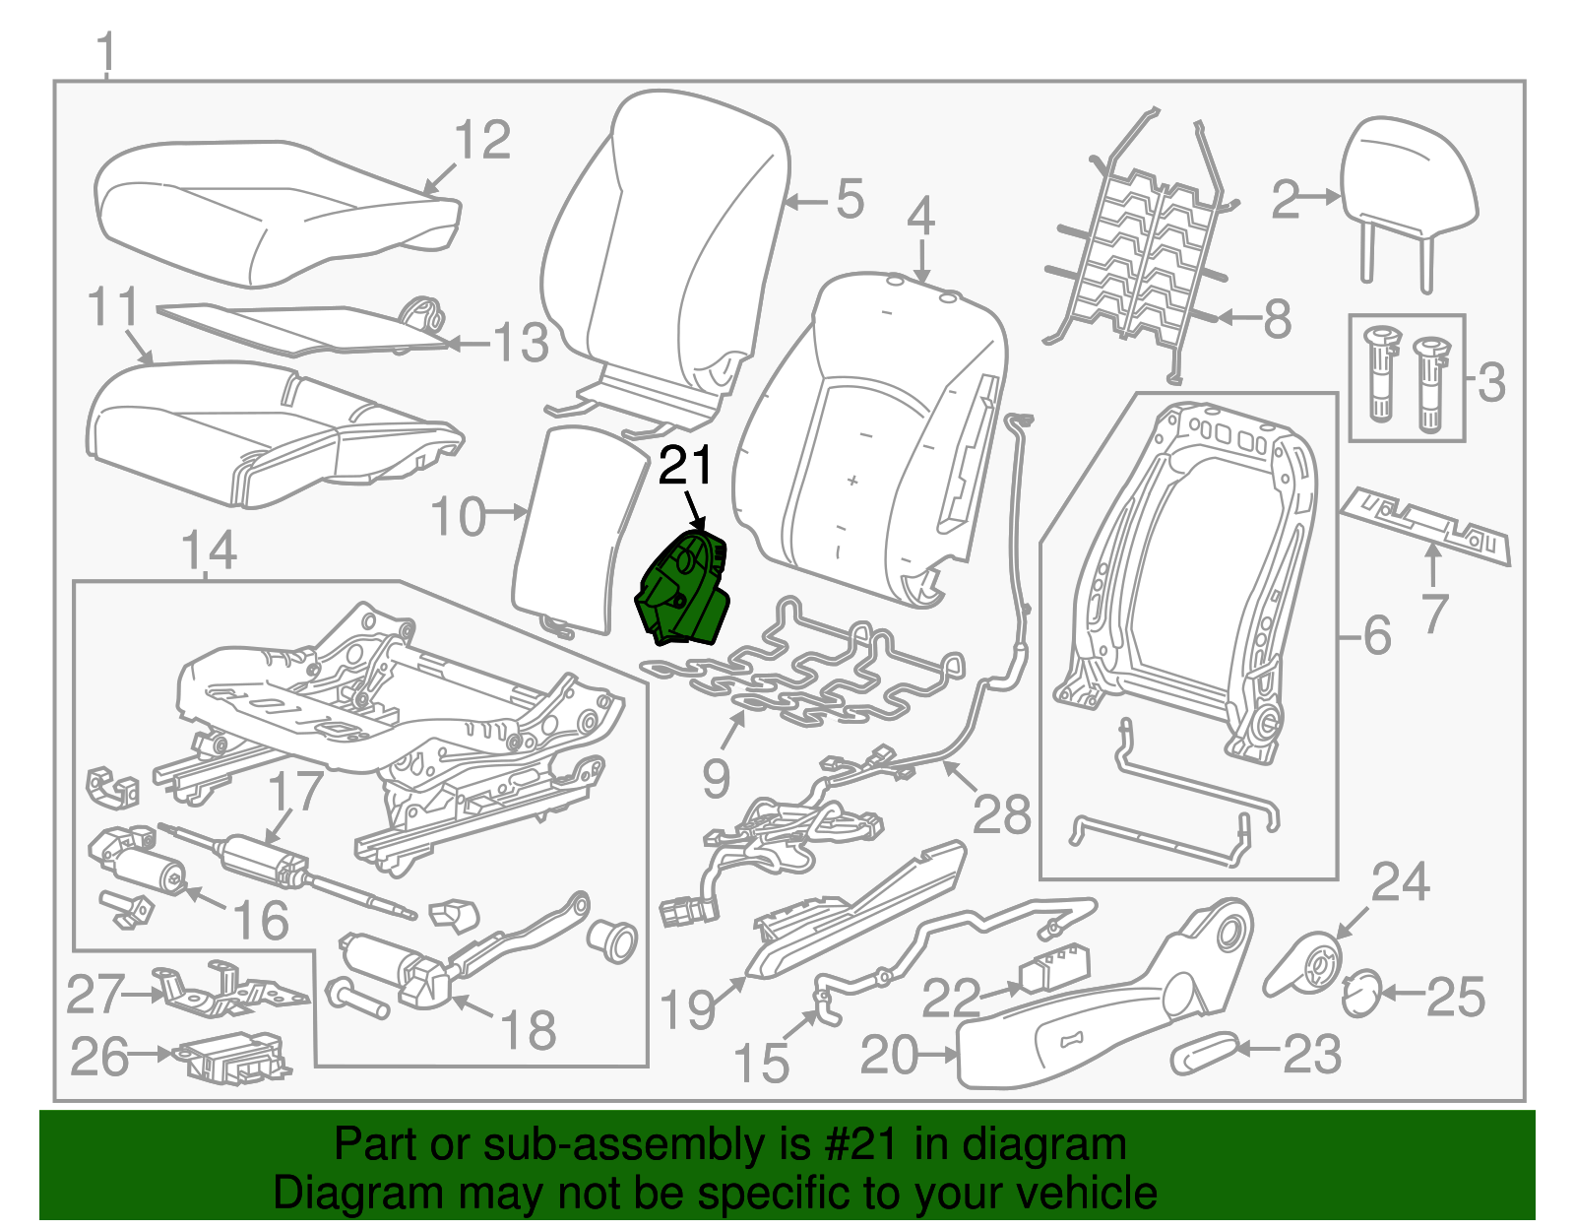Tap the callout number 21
[x=685, y=466]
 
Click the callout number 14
[x=209, y=550]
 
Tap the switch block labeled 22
[x=1054, y=969]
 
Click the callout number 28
[x=1001, y=814]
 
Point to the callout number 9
[x=716, y=779]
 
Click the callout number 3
[x=1491, y=382]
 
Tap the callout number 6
[x=1377, y=635]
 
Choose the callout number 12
[x=482, y=139]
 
